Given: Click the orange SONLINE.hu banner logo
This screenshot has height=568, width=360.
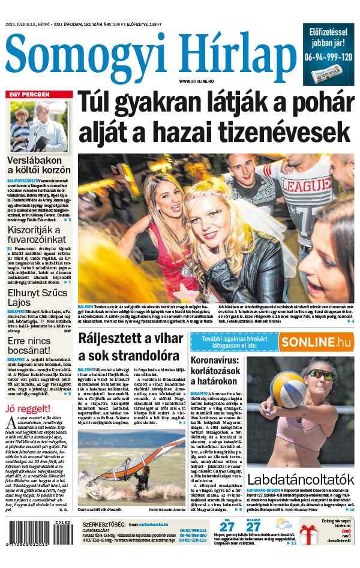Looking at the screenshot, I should [x=315, y=342].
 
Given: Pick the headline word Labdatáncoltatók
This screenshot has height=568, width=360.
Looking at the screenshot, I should [x=301, y=479].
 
